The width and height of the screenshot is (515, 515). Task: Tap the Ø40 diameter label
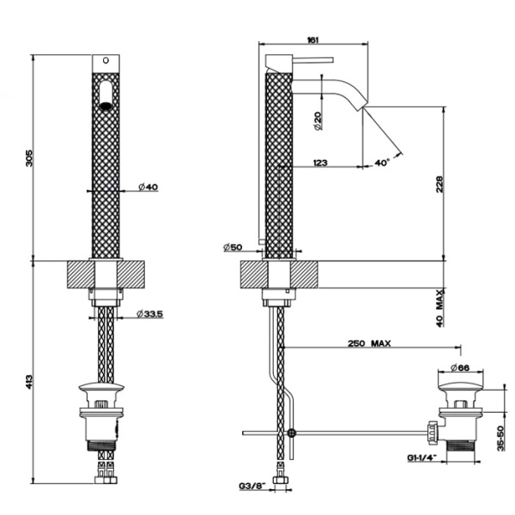pos(147,187)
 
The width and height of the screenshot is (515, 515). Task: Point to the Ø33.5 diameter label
pos(149,315)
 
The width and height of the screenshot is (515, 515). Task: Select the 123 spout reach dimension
pos(322,161)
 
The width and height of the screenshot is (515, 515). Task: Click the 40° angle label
pos(382,161)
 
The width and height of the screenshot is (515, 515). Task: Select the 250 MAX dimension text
pos(370,343)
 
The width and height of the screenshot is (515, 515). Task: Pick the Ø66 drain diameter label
pos(462,367)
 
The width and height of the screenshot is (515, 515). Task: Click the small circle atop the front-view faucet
pos(107,61)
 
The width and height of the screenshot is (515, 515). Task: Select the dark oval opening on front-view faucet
pos(106,106)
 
